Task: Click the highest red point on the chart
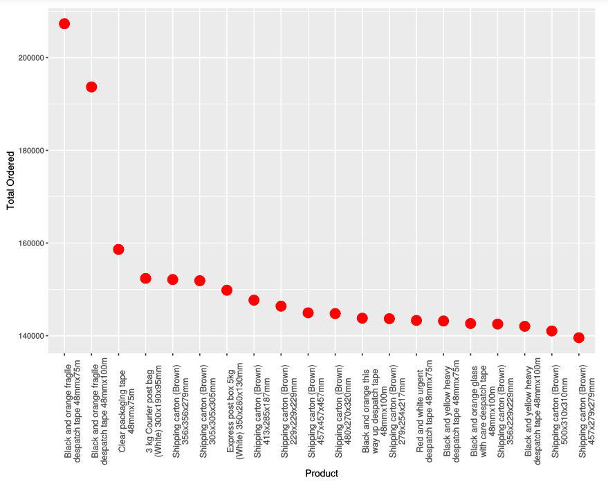tap(64, 24)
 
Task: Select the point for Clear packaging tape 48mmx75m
tap(118, 250)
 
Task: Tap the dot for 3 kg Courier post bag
tap(145, 279)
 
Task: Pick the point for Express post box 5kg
tap(227, 290)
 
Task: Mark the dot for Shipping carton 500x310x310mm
tap(552, 331)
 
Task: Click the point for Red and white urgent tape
tap(416, 320)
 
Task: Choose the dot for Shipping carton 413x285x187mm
tap(254, 300)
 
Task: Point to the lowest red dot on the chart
tap(579, 337)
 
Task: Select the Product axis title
tap(322, 474)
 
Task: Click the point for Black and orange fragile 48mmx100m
tap(91, 87)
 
